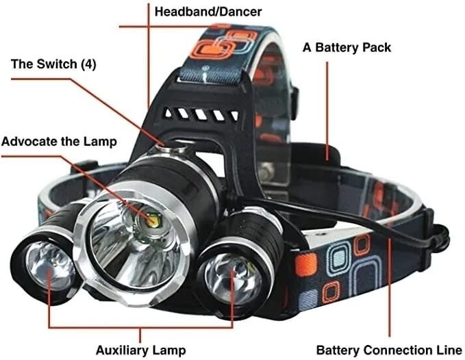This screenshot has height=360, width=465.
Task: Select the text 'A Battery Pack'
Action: click(347, 47)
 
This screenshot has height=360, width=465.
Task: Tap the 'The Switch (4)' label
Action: click(53, 64)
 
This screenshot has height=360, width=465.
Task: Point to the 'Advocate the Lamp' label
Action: click(59, 142)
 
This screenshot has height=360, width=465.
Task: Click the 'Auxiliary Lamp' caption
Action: click(140, 350)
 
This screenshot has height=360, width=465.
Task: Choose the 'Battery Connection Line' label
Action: click(384, 350)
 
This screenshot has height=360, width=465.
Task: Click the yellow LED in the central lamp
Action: click(150, 220)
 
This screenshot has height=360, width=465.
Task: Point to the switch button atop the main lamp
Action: click(167, 144)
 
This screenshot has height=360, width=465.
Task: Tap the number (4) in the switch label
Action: click(88, 64)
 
